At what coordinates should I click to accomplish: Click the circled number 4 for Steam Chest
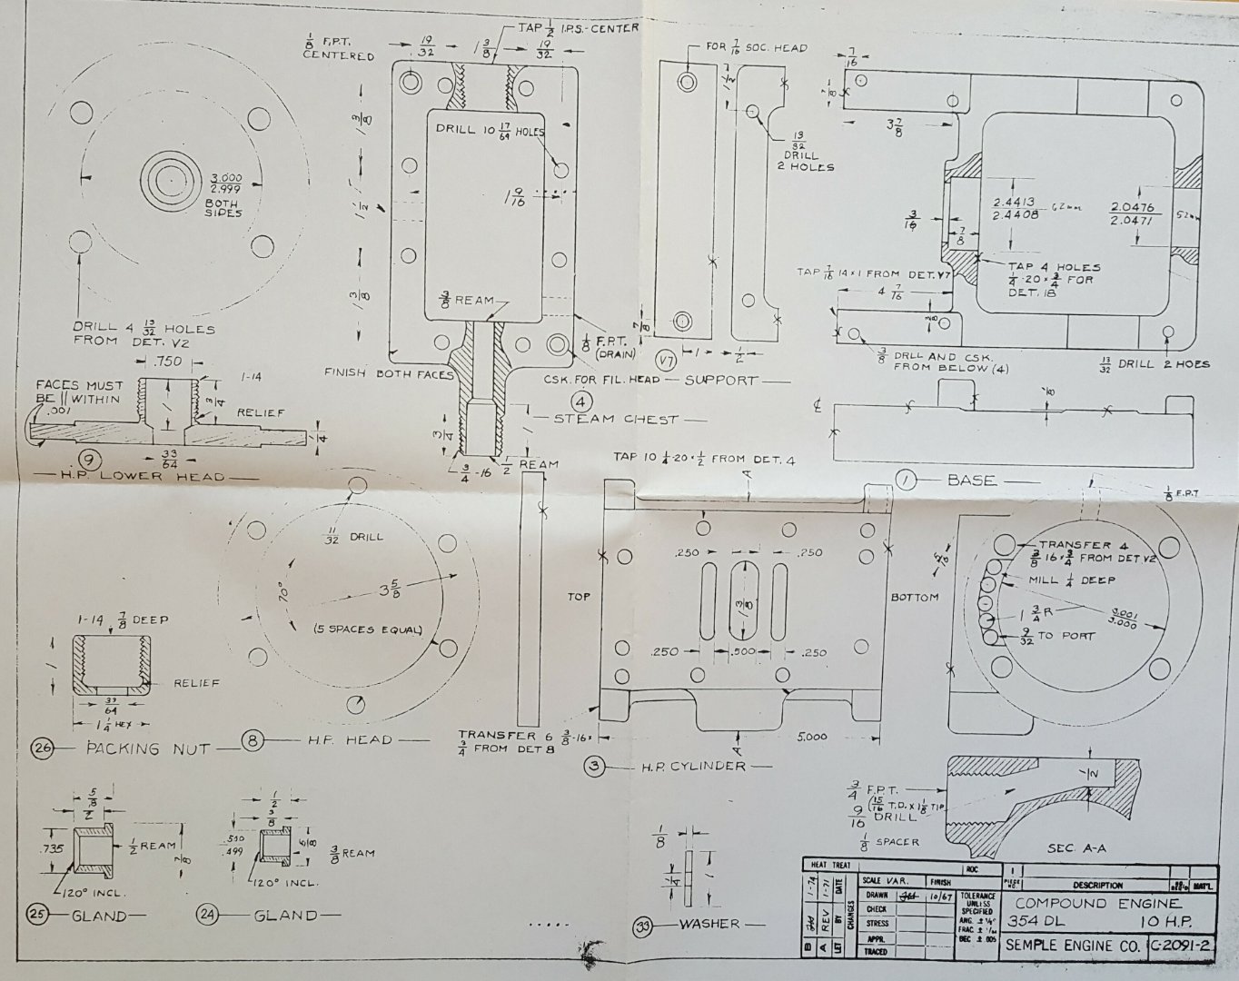pos(582,401)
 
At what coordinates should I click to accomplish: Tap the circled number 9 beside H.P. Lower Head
pos(89,458)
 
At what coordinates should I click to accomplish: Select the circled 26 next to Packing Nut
pos(42,748)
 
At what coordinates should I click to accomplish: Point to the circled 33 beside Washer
pos(643,926)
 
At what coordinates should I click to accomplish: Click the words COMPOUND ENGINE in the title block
pos(1097,903)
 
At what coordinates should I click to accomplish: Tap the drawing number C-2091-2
pos(1181,946)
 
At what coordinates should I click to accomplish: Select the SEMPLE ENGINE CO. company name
pos(1072,946)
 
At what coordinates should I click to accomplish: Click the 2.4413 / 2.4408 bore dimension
pos(1016,209)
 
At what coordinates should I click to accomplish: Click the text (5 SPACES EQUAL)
pos(368,629)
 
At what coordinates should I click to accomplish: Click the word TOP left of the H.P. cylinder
pos(579,597)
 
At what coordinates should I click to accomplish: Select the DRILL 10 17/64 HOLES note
pos(489,130)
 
